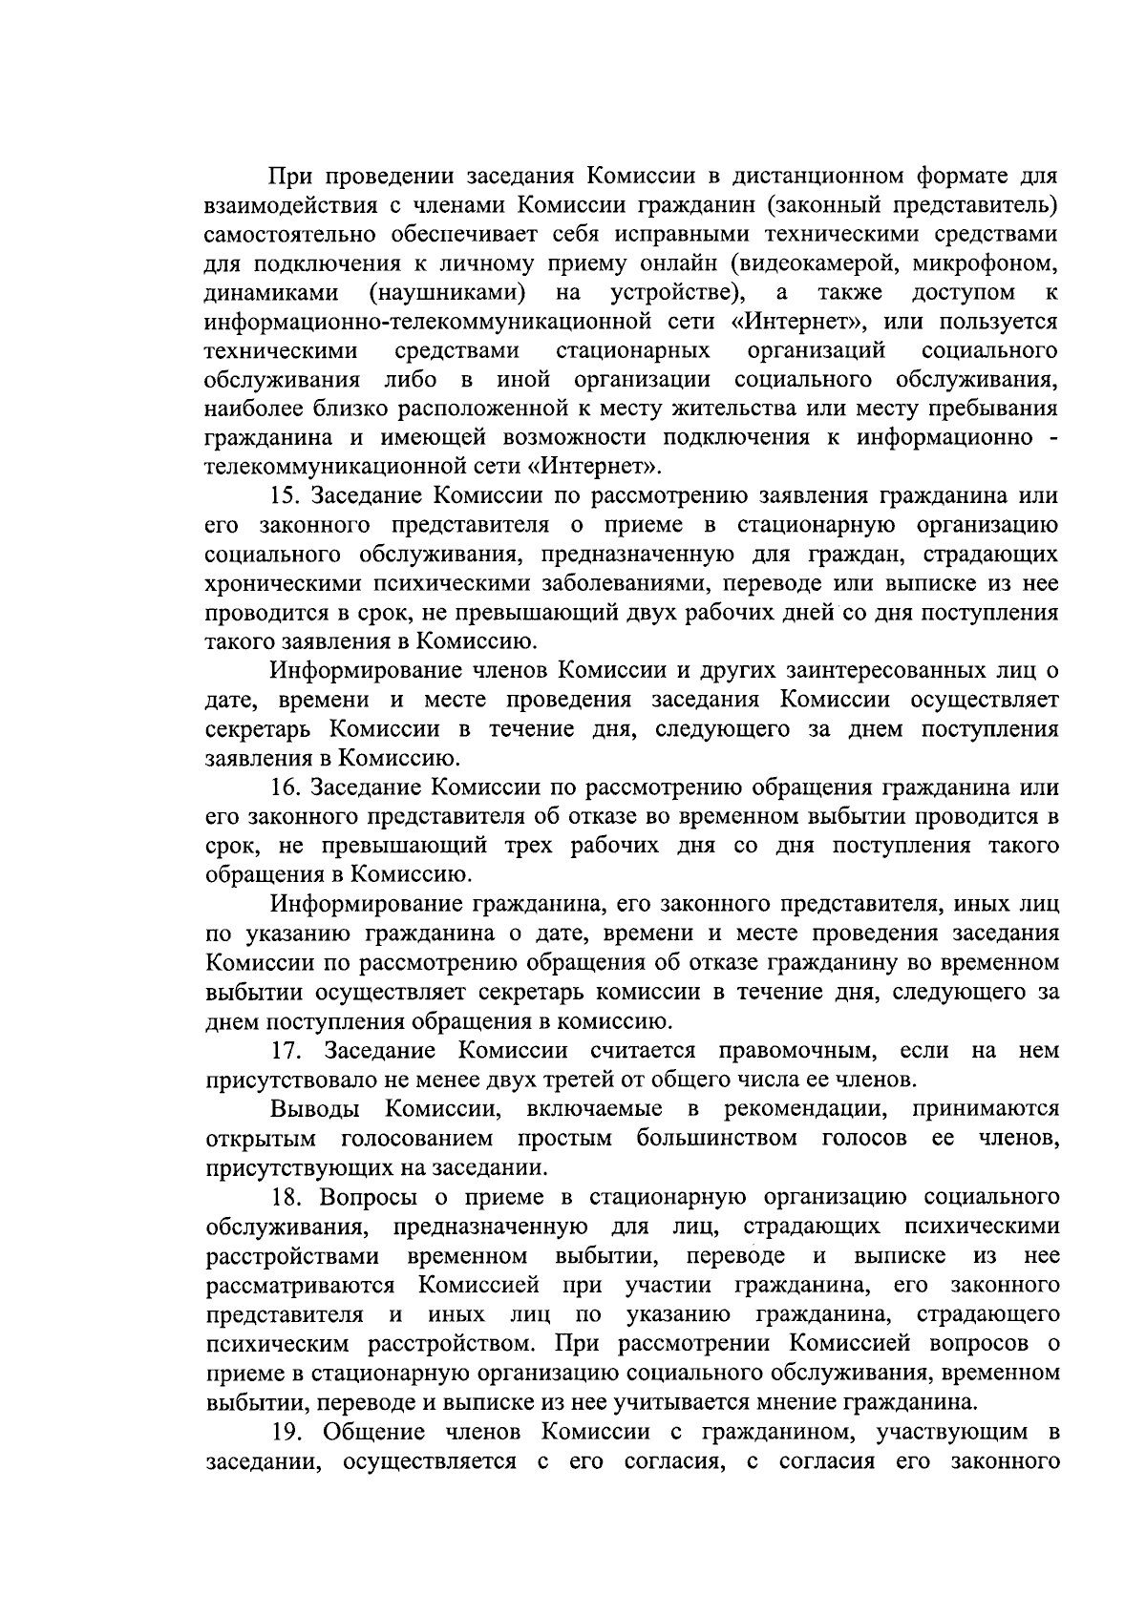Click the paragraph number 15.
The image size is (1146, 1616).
pos(286,496)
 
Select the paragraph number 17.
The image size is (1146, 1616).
pos(286,1051)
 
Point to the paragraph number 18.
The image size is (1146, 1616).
pos(286,1197)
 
